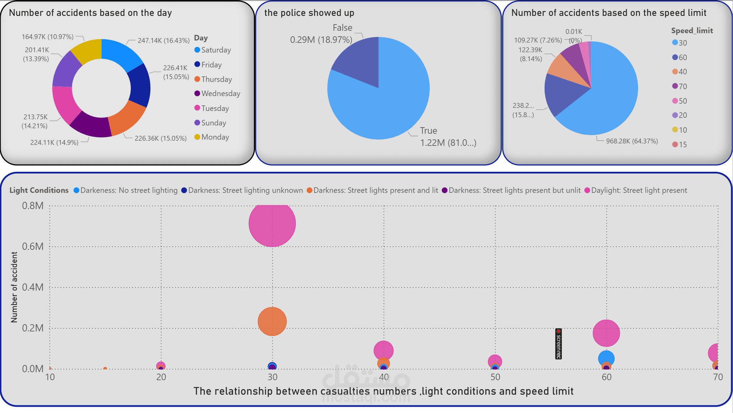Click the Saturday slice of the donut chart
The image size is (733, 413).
tap(121, 54)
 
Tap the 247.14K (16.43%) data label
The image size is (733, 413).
tap(164, 40)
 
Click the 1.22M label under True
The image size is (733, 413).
tap(448, 143)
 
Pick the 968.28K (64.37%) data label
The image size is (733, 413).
tap(632, 141)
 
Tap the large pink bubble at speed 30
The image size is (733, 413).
tap(272, 224)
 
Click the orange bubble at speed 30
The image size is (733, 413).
tap(272, 321)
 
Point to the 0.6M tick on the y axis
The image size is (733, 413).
tap(33, 246)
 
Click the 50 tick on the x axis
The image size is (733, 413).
tap(495, 377)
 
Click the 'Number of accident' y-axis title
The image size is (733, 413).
tap(14, 287)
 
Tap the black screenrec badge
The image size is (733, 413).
tap(558, 344)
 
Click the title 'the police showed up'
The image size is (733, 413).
tap(309, 13)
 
